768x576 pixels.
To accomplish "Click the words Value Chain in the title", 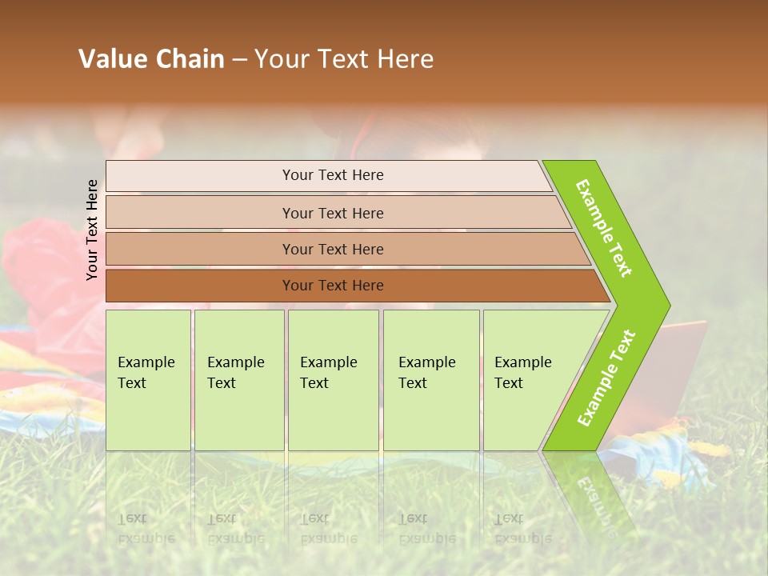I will click(151, 59).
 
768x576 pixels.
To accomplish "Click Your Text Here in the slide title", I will click(344, 59).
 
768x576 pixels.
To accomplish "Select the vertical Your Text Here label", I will click(92, 230).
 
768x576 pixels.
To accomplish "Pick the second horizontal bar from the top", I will click(332, 213).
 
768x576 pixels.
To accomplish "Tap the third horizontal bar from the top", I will click(332, 249).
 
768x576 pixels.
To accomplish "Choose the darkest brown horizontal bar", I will click(332, 286).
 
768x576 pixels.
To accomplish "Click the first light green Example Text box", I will click(148, 380).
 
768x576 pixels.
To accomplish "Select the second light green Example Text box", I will click(239, 380).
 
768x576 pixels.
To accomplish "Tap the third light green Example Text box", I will click(333, 380).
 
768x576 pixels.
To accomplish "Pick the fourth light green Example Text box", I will click(431, 380).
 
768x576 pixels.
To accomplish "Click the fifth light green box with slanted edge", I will click(528, 380).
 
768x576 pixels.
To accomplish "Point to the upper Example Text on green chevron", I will click(604, 228).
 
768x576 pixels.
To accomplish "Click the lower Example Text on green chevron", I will click(606, 378).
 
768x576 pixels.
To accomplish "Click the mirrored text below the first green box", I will click(146, 529).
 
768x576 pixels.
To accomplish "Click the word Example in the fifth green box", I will click(522, 362).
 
